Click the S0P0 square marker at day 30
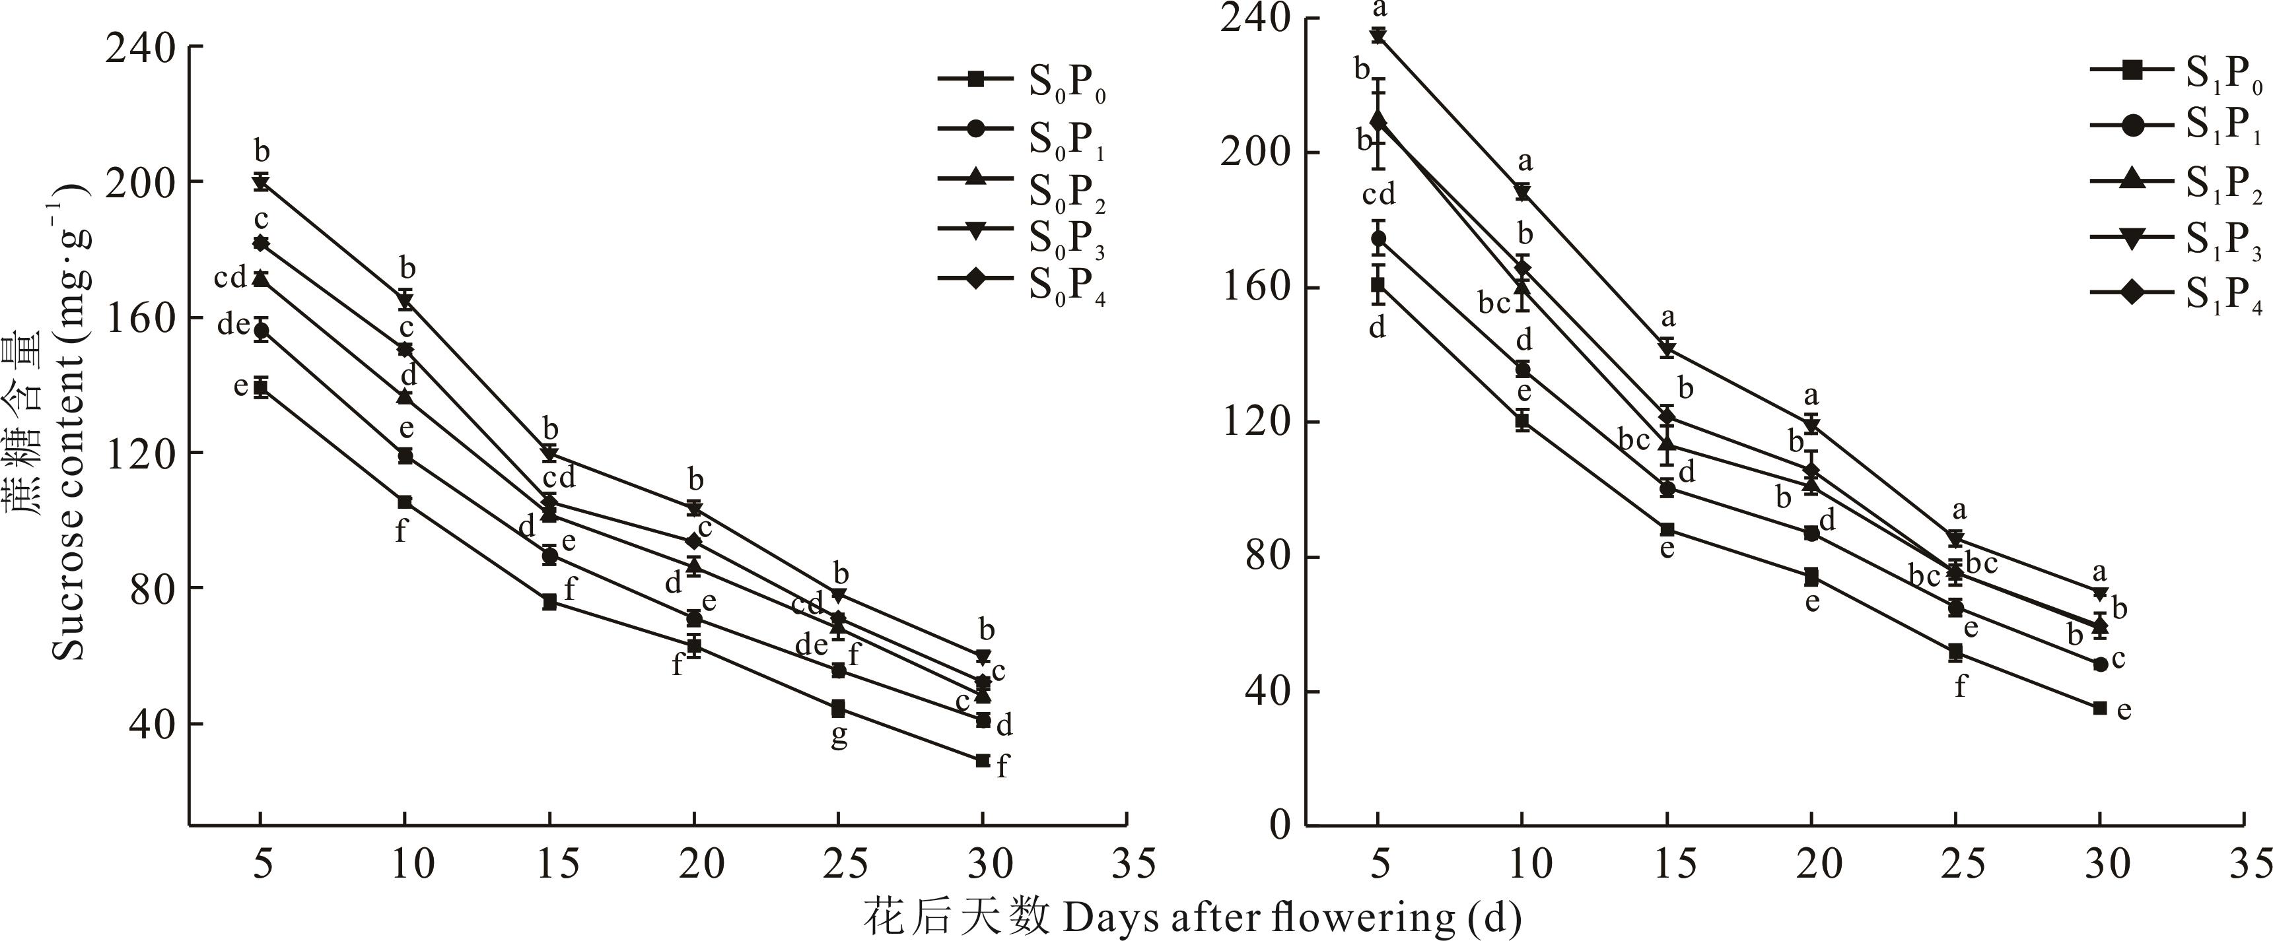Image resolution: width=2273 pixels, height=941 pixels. (x=982, y=760)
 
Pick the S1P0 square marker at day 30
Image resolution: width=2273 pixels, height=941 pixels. (x=2099, y=708)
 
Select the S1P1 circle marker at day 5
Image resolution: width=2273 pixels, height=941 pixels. (x=1378, y=238)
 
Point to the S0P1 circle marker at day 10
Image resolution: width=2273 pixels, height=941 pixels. (x=405, y=456)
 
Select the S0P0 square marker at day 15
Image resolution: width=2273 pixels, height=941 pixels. (x=549, y=602)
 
